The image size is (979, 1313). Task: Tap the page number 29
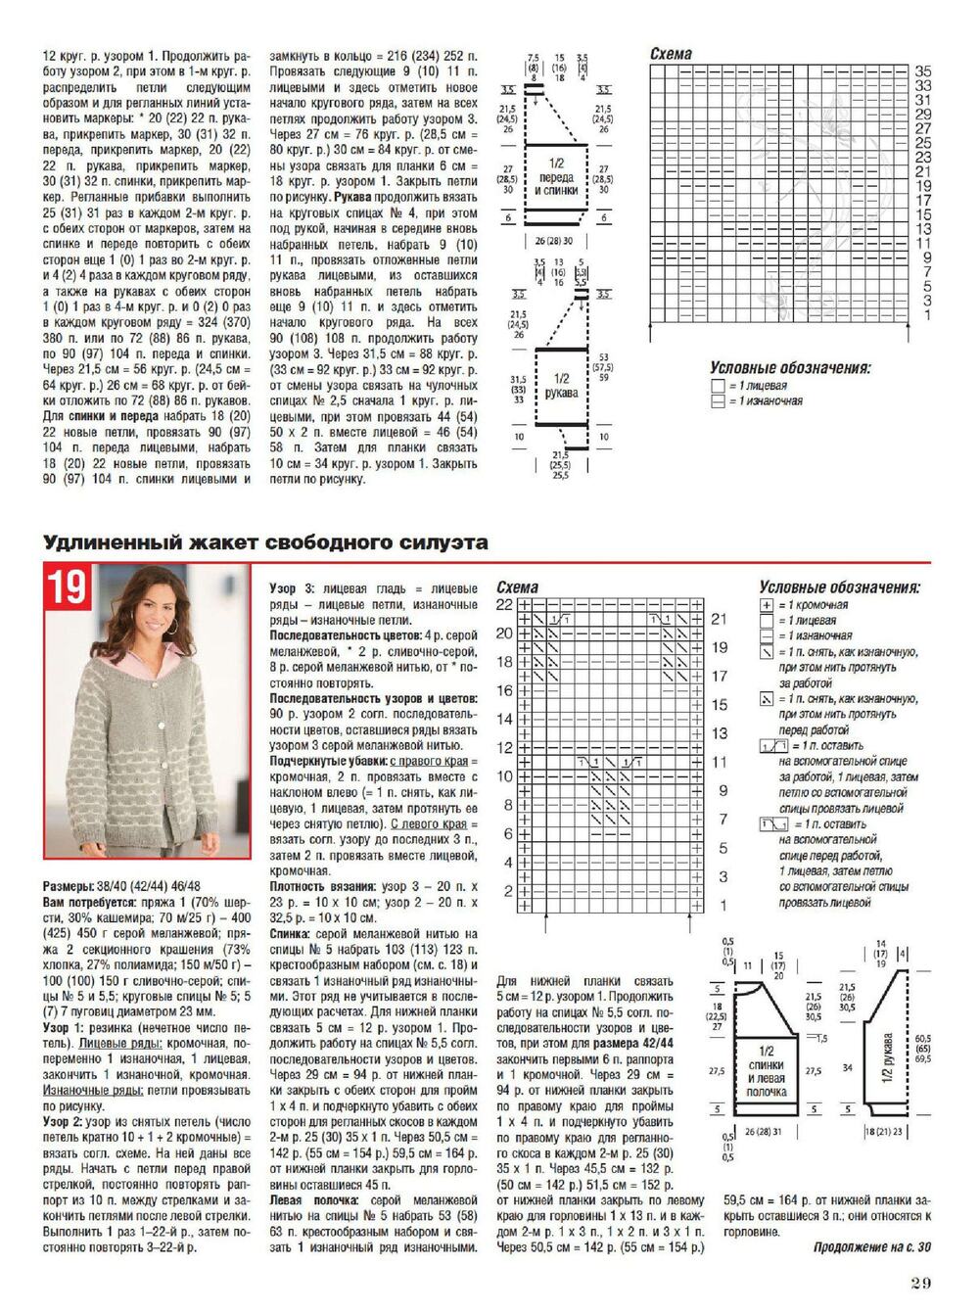(x=919, y=1284)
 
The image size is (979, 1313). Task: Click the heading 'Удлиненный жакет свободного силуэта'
(x=265, y=542)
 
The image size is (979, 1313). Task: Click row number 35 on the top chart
(x=922, y=71)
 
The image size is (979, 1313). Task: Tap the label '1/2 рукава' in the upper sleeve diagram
(x=561, y=385)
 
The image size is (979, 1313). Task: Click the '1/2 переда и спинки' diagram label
(x=556, y=177)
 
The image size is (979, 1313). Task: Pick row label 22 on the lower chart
(x=504, y=605)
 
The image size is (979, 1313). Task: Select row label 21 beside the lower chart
(x=720, y=619)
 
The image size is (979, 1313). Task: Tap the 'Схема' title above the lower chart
(x=517, y=587)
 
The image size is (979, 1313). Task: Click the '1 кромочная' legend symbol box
(x=767, y=605)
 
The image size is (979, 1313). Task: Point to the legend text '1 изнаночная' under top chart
(x=771, y=401)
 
